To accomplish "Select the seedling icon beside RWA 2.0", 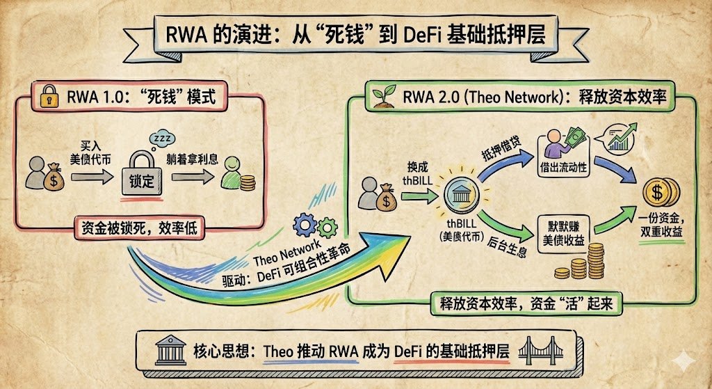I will tap(381, 98).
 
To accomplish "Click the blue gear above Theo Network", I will tap(305, 224).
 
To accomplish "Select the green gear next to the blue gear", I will tap(327, 227).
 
